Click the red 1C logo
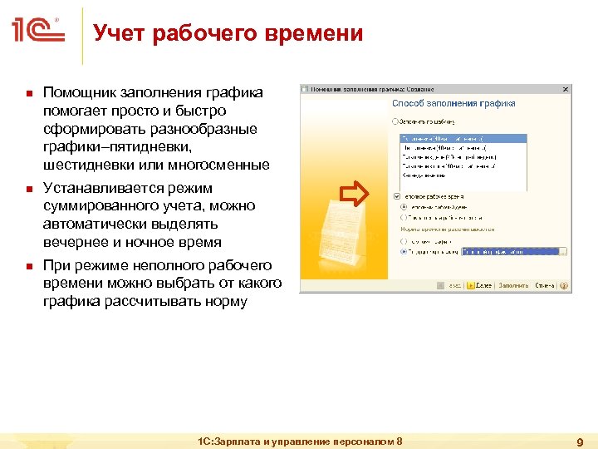pyautogui.click(x=38, y=32)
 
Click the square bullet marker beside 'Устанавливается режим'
pyautogui.click(x=27, y=189)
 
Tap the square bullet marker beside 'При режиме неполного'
pyautogui.click(x=27, y=266)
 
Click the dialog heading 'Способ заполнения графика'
pyautogui.click(x=453, y=103)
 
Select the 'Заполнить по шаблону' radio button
pyautogui.click(x=395, y=121)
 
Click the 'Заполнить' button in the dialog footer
pyautogui.click(x=512, y=285)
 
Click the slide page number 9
pyautogui.click(x=581, y=442)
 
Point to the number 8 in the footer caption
pyautogui.click(x=399, y=441)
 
